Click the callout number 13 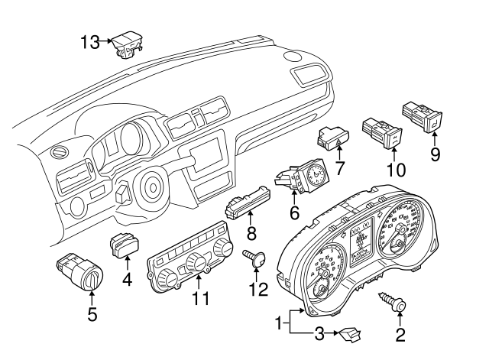coord(90,43)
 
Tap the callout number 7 coord(340,167)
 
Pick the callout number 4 coord(128,280)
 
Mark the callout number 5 coord(92,313)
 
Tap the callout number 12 coord(255,290)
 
